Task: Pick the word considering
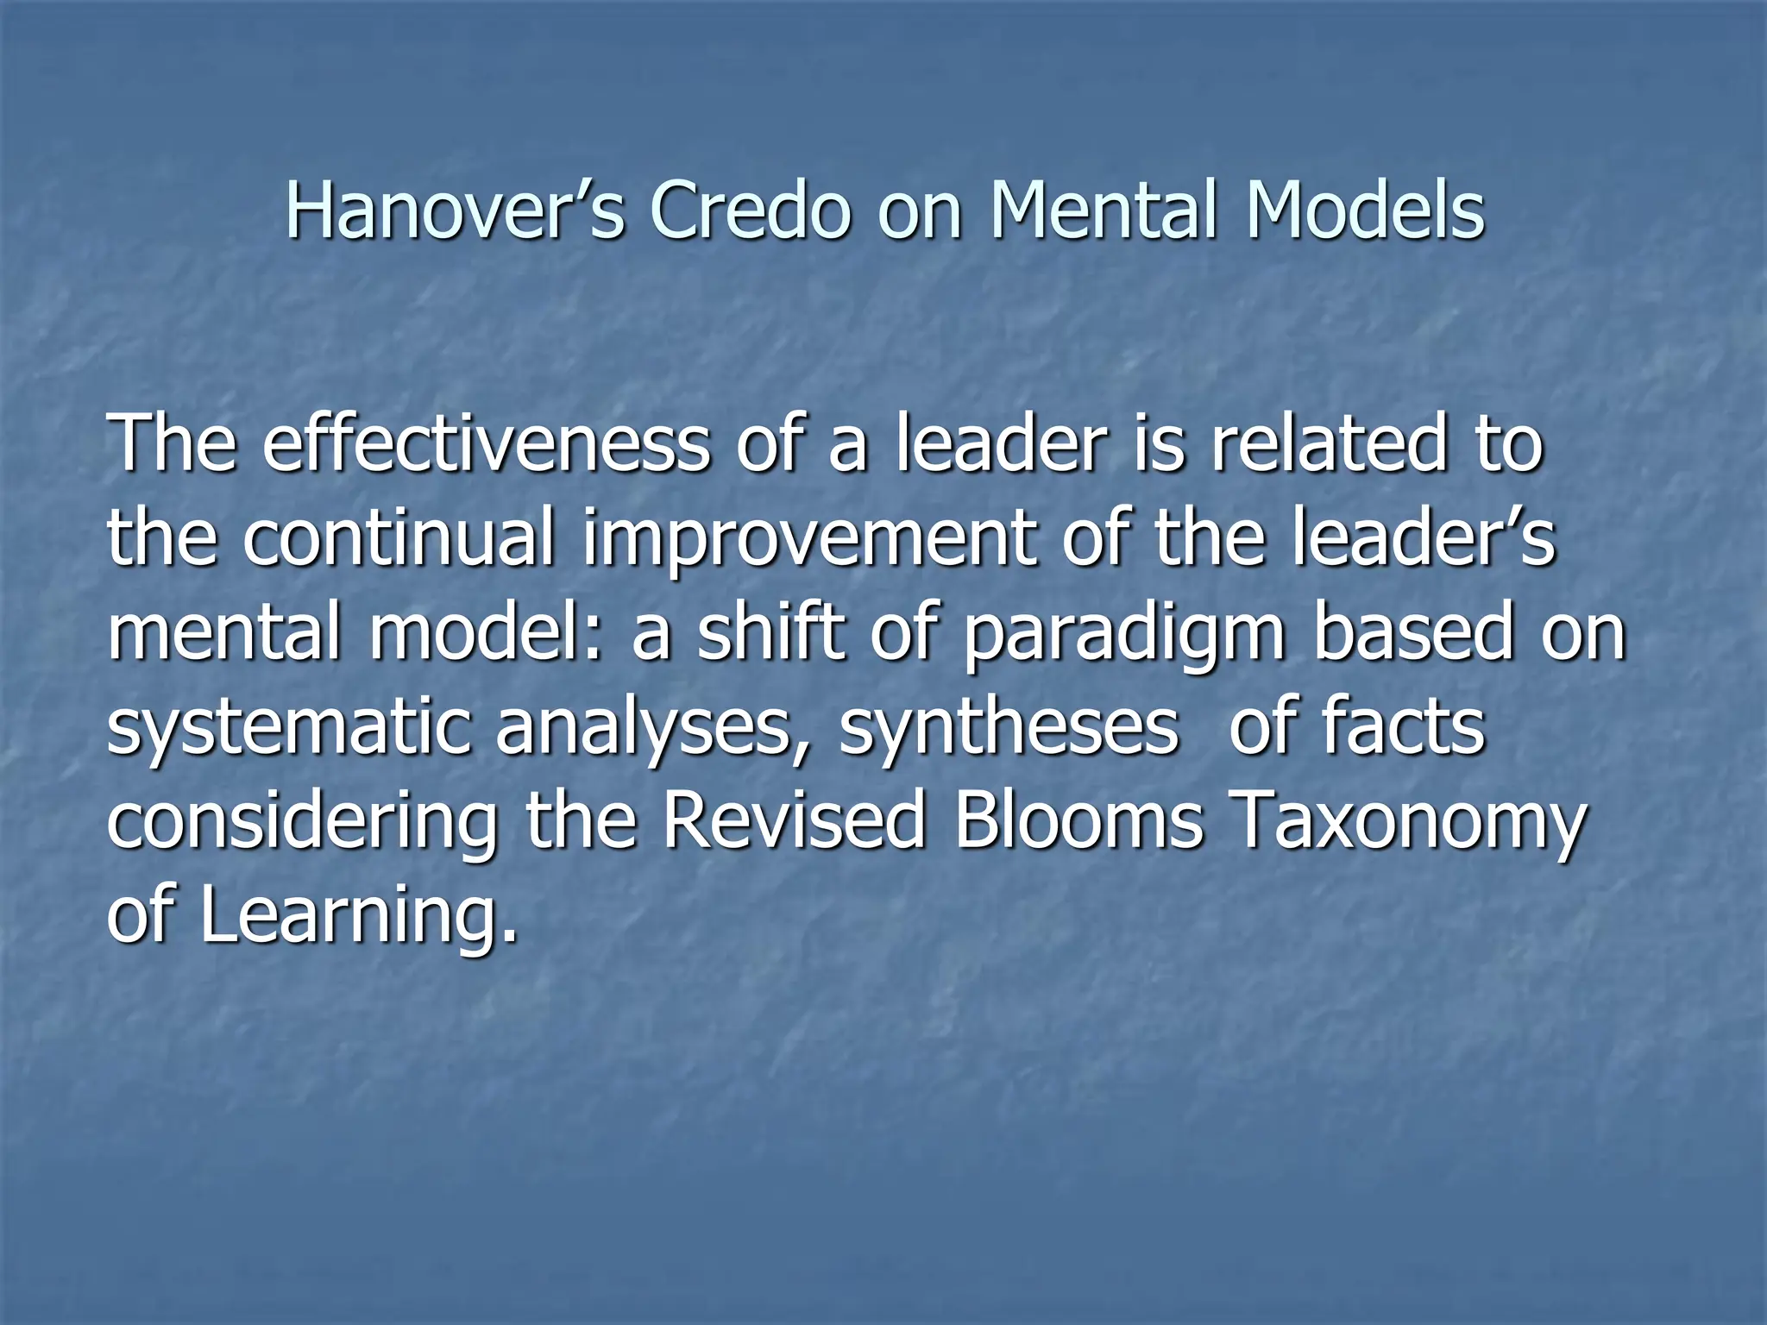coord(302,824)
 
